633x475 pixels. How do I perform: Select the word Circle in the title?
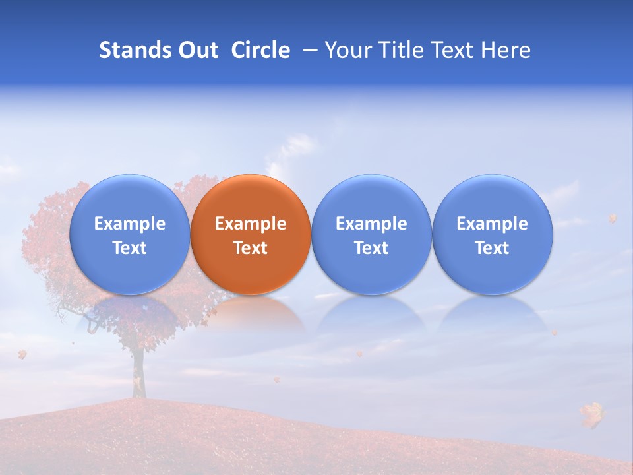click(x=260, y=50)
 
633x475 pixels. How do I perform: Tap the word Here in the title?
click(x=506, y=50)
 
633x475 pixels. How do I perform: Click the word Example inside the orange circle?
click(x=251, y=224)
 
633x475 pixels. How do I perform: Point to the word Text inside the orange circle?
click(x=251, y=248)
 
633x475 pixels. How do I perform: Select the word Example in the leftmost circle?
click(x=129, y=224)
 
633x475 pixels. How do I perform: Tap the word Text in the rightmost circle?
click(x=492, y=248)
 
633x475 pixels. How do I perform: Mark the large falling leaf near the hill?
click(x=592, y=414)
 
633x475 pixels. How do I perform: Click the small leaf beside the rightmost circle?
click(x=612, y=218)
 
